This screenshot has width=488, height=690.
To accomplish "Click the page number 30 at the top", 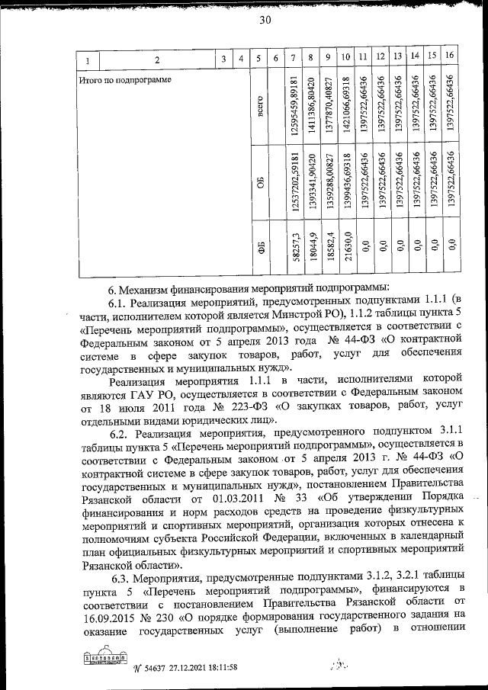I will click(265, 21).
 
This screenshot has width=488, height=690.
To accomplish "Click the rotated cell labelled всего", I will click(261, 106).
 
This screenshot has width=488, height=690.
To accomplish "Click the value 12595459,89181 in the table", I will click(294, 107).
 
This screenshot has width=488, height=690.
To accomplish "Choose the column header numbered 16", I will click(450, 56).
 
